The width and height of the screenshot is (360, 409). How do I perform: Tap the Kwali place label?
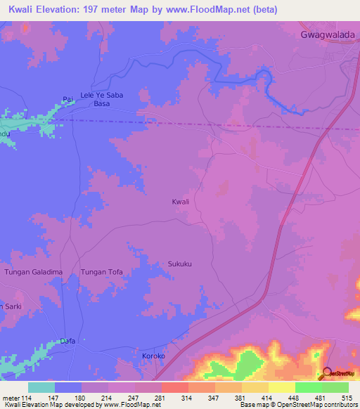click(x=181, y=202)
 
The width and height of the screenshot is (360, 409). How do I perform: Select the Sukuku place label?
click(x=180, y=264)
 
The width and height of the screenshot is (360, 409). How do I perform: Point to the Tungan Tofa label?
click(x=102, y=272)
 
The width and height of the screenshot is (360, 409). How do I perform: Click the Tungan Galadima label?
click(x=34, y=272)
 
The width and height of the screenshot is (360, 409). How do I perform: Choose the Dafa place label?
click(x=67, y=340)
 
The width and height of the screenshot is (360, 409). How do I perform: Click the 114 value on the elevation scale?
click(x=27, y=397)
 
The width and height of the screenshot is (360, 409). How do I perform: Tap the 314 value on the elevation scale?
click(x=187, y=397)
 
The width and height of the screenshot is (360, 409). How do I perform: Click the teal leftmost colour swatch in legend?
click(x=41, y=387)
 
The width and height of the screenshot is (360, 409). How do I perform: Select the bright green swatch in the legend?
click(x=308, y=387)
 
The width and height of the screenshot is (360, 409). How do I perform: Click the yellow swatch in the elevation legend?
click(x=281, y=387)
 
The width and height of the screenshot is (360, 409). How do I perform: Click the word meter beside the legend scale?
click(x=10, y=397)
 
